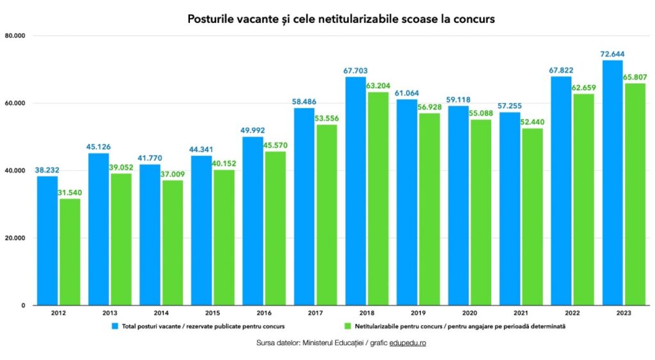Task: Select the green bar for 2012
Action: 70,252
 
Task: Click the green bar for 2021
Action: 532,217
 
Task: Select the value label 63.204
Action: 379,85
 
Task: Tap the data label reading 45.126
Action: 99,146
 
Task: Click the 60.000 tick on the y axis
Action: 14,103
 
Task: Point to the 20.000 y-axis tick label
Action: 14,238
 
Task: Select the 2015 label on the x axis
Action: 212,313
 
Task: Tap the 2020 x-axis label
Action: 470,313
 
